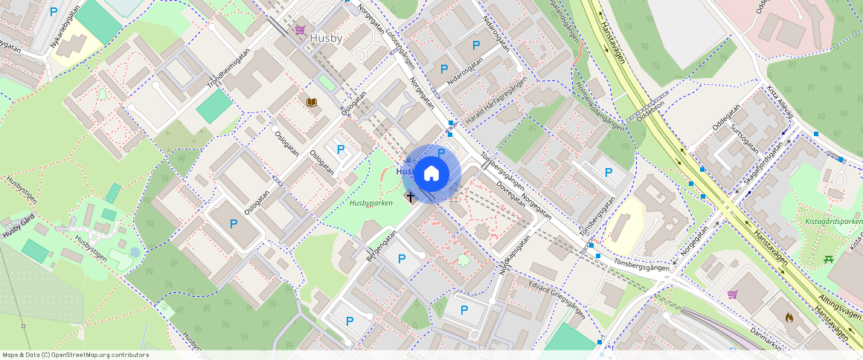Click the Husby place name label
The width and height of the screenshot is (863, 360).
(325, 36)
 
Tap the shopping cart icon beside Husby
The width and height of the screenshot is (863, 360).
(300, 30)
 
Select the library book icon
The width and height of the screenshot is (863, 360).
(312, 101)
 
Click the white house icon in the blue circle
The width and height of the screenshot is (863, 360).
(431, 174)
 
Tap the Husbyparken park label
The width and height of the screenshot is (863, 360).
(370, 202)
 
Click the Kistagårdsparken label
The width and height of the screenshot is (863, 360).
(833, 221)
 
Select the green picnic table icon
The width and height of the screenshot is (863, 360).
(828, 259)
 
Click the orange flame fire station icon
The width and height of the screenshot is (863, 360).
(789, 317)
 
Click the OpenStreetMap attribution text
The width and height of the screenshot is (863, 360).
(76, 355)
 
